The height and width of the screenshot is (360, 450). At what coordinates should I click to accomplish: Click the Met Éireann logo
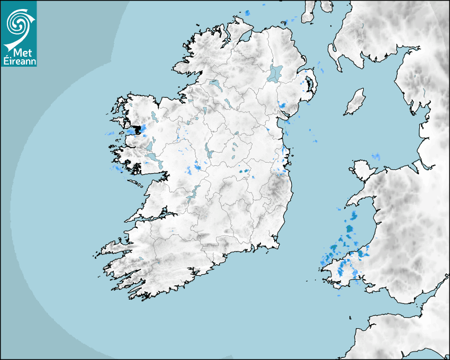click(x=19, y=33)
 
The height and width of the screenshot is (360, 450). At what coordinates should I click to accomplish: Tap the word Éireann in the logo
click(x=18, y=61)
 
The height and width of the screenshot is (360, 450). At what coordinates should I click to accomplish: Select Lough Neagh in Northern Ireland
click(x=275, y=73)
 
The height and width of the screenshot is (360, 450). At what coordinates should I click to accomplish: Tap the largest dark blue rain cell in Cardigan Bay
click(x=349, y=229)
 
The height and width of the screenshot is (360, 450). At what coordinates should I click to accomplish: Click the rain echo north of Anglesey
click(x=376, y=156)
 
